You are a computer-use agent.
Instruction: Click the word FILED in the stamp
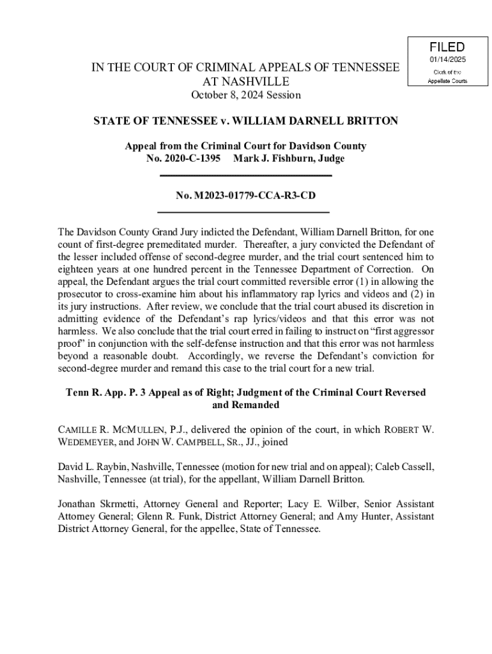(447, 47)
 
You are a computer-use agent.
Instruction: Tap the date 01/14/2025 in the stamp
(447, 60)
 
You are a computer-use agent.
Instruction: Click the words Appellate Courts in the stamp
(447, 80)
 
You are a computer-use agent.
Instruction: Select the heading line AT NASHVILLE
(246, 82)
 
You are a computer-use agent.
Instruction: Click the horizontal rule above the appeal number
(245, 176)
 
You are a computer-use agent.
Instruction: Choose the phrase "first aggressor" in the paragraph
(398, 332)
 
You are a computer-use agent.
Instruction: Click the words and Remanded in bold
(246, 405)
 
